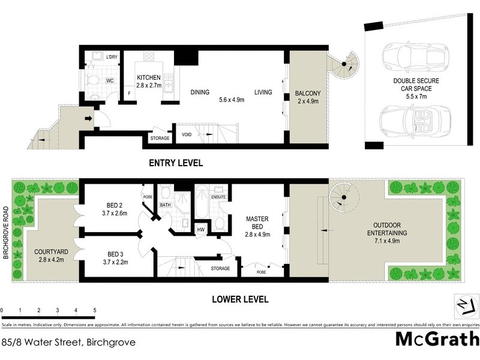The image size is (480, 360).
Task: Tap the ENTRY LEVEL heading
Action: pyautogui.click(x=176, y=163)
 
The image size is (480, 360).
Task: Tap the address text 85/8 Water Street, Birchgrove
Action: pyautogui.click(x=68, y=343)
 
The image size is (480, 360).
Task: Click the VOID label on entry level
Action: pyautogui.click(x=187, y=136)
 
